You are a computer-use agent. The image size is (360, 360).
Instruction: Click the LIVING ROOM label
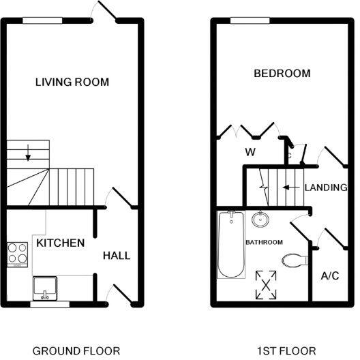[72, 82]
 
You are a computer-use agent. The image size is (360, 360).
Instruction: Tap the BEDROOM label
[282, 74]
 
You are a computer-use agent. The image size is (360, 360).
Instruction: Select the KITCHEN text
[60, 243]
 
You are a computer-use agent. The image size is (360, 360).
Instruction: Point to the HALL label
[116, 256]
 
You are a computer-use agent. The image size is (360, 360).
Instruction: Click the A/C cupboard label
[330, 275]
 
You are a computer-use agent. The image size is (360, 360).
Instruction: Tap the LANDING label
[326, 187]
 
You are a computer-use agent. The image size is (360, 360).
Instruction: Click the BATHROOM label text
[265, 242]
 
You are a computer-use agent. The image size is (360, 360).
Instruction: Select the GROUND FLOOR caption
[76, 350]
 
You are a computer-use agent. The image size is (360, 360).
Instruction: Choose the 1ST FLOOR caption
[286, 350]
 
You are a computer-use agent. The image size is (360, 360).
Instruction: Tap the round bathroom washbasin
[259, 220]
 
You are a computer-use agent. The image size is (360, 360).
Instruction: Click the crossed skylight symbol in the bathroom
[265, 284]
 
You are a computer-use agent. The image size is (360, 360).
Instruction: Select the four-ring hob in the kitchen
[18, 256]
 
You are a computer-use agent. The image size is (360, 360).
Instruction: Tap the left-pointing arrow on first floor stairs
[290, 186]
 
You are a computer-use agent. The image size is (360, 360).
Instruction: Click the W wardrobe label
[250, 152]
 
